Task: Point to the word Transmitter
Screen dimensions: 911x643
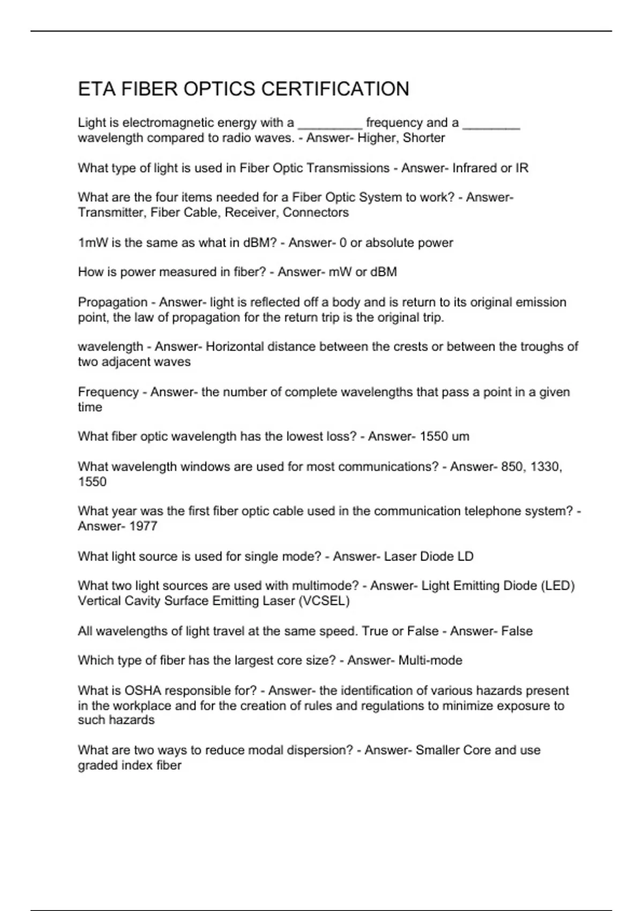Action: tap(111, 212)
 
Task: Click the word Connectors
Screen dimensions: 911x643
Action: tap(316, 212)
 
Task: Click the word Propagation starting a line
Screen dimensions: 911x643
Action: tap(113, 302)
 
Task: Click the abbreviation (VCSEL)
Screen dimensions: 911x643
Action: tap(324, 601)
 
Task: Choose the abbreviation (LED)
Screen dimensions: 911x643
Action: tap(558, 586)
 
